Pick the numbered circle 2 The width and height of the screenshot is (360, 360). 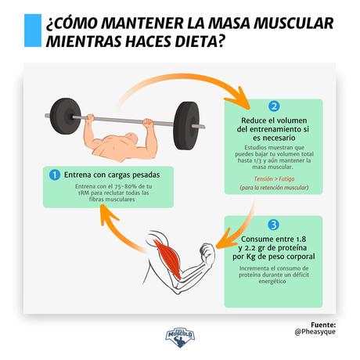(x=273, y=106)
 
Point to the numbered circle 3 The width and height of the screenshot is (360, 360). (x=273, y=223)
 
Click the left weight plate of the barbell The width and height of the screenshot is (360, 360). (x=60, y=116)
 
